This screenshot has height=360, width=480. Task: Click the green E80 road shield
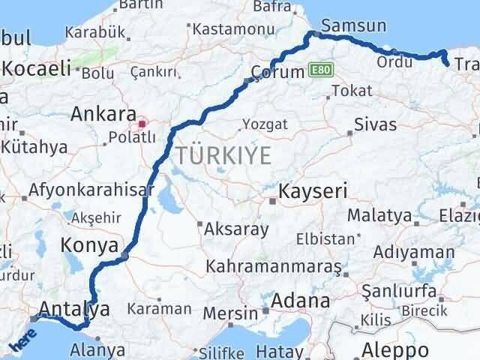coord(319,71)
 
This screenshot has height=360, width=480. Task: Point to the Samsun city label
coord(358,26)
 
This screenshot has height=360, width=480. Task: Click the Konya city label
coord(89,245)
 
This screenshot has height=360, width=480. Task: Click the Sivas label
coord(375,124)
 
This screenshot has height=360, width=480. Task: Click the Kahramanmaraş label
coord(274,267)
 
